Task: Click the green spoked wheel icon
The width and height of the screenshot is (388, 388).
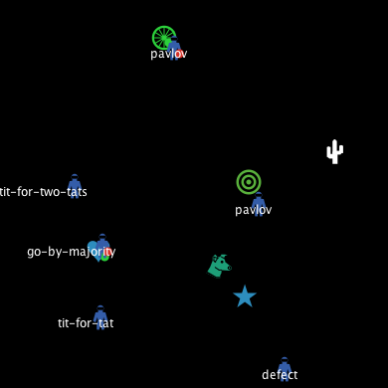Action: pos(164,38)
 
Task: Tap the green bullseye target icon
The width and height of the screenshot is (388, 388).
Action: pos(249,182)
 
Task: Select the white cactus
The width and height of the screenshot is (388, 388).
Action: pos(334,152)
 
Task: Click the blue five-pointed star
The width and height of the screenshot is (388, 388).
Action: pos(245,296)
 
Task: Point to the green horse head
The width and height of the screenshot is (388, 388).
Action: pos(219,266)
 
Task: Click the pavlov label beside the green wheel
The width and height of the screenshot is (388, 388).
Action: pos(169,54)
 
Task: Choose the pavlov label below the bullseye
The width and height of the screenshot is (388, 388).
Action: pos(253,210)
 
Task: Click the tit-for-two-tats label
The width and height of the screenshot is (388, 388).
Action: pos(43,192)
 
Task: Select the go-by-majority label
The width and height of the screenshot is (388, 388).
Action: pos(71,252)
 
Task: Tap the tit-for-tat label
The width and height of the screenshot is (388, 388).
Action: pos(86,323)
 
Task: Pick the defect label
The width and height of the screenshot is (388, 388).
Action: pos(280,375)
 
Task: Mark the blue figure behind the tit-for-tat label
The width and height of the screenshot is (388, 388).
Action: pos(100,316)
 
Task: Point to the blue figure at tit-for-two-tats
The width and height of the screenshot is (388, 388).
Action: pos(75,185)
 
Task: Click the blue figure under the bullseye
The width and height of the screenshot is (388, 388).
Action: pos(259,204)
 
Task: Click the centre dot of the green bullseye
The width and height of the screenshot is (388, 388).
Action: pos(249,182)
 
